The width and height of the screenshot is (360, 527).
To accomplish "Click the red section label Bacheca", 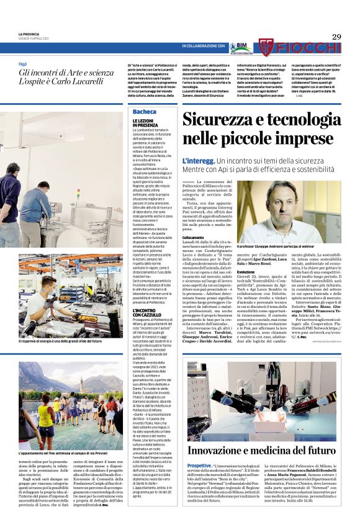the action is (144, 112).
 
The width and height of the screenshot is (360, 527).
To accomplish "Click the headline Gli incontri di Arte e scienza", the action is (66, 73).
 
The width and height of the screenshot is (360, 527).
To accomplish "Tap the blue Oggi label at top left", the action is (23, 64).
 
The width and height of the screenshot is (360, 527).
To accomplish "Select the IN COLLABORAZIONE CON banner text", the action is (203, 47).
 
